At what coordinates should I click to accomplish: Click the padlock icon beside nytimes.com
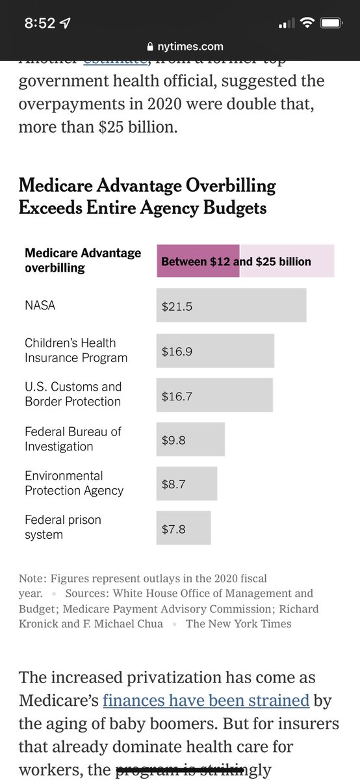coord(151,46)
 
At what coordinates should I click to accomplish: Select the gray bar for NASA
coord(231,305)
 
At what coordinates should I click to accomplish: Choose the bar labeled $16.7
coord(214,395)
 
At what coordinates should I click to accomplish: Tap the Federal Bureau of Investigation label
coord(73,439)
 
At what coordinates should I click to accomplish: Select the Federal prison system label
coord(63,527)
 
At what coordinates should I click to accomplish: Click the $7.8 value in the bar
coord(174,529)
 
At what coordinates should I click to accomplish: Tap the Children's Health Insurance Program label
coord(76,350)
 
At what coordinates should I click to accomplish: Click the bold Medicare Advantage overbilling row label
coord(83,260)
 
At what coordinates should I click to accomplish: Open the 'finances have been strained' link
coord(206,700)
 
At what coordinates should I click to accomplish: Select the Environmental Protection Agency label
coord(73,484)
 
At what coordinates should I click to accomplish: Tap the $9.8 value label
coord(174,440)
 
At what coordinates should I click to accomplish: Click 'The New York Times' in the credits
coord(238,623)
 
